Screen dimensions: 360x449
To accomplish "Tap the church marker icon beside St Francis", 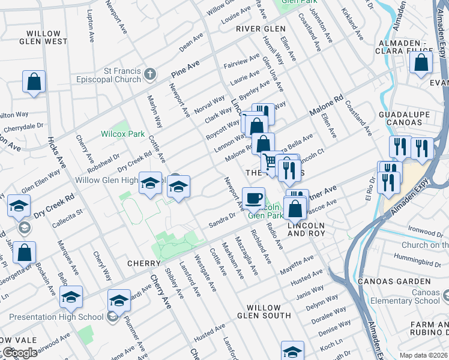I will tap(150, 74).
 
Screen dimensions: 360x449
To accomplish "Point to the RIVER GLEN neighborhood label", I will tap(261, 29).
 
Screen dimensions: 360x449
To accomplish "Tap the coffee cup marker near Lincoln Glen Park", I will tap(254, 197).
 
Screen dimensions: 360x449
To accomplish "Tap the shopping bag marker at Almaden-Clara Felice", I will tap(422, 62).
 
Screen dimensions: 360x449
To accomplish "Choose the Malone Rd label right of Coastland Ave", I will tap(326, 104).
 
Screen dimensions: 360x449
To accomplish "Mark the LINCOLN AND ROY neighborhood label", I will tap(306, 230).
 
